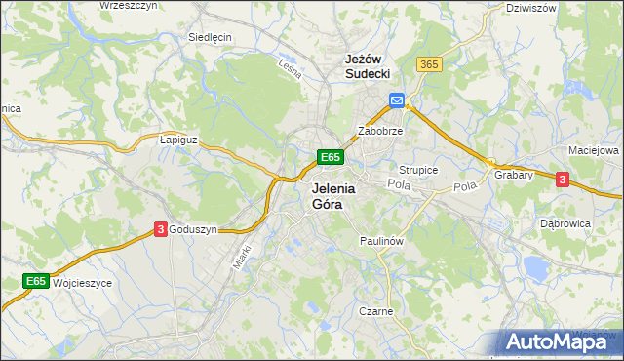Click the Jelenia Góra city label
click(x=332, y=196)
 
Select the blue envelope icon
click(x=397, y=100)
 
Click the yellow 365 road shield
click(x=428, y=64)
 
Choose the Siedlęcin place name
click(x=210, y=37)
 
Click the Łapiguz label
click(x=178, y=140)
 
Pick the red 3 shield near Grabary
click(x=562, y=179)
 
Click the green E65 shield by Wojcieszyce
click(x=36, y=282)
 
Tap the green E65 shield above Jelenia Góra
click(x=330, y=157)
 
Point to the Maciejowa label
click(x=594, y=151)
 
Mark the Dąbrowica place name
click(x=565, y=223)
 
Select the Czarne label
click(x=374, y=312)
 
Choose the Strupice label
click(x=418, y=170)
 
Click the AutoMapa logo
click(x=559, y=341)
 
